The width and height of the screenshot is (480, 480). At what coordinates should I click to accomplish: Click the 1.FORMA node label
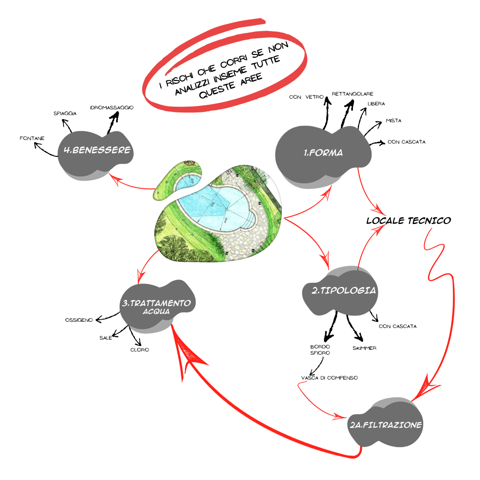(323, 153)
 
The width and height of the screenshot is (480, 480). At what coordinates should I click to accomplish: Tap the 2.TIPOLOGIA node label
(344, 291)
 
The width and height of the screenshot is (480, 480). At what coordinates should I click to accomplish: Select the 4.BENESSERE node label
(97, 150)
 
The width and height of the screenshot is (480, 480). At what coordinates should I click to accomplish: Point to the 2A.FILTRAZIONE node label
(385, 425)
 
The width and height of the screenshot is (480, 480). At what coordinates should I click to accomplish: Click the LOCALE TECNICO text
(408, 220)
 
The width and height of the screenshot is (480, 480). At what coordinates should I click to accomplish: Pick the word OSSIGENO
(79, 320)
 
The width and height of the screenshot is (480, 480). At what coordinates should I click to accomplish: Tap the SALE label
(106, 338)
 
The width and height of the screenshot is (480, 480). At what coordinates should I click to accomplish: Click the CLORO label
(140, 350)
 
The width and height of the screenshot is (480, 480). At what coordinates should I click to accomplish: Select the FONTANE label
(32, 138)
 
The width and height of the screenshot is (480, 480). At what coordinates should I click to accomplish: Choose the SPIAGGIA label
(65, 114)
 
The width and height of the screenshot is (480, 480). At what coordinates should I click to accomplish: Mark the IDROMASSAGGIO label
(112, 108)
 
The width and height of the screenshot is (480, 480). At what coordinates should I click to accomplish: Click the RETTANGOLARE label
(352, 94)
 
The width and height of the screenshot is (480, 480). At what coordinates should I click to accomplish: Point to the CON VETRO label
(306, 97)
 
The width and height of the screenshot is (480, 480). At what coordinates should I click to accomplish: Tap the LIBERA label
(376, 104)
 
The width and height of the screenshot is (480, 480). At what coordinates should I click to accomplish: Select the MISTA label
(394, 120)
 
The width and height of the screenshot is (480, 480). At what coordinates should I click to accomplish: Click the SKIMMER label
(364, 348)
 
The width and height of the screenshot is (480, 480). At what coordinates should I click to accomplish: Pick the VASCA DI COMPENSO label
(329, 378)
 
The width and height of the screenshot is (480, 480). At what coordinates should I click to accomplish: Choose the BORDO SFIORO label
(320, 350)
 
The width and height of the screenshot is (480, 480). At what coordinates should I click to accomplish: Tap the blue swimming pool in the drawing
(213, 207)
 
